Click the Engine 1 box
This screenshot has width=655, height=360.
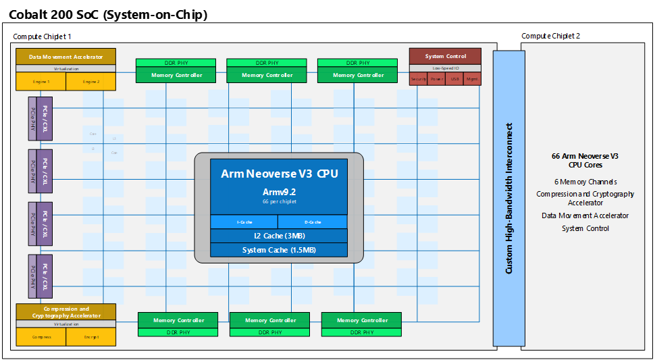pyautogui.click(x=41, y=82)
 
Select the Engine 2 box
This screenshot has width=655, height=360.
pyautogui.click(x=91, y=82)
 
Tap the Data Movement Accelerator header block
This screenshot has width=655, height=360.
pyautogui.click(x=65, y=56)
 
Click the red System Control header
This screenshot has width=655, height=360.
pyautogui.click(x=445, y=56)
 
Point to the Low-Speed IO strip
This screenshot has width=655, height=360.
pyautogui.click(x=445, y=68)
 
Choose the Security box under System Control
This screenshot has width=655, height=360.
pyautogui.click(x=418, y=80)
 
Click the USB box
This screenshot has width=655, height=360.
pyautogui.click(x=454, y=80)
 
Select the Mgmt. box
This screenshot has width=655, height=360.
pyautogui.click(x=473, y=80)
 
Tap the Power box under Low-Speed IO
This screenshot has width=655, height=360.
pyautogui.click(x=436, y=80)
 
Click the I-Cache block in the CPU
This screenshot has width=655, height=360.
pyautogui.click(x=244, y=222)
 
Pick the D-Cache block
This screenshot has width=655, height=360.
pyautogui.click(x=312, y=222)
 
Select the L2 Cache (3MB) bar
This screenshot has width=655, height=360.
pyautogui.click(x=279, y=236)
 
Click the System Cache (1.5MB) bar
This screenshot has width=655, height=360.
pyautogui.click(x=279, y=250)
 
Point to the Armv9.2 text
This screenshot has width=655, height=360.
pyautogui.click(x=279, y=192)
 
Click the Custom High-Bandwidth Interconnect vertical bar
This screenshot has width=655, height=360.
pyautogui.click(x=508, y=198)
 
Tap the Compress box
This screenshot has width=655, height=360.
pyautogui.click(x=41, y=336)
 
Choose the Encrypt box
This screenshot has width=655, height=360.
pyautogui.click(x=91, y=336)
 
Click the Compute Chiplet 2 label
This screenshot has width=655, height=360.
pyautogui.click(x=550, y=36)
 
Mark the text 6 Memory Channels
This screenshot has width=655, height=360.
pyautogui.click(x=585, y=182)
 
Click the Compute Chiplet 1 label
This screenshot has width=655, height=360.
pyautogui.click(x=42, y=36)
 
